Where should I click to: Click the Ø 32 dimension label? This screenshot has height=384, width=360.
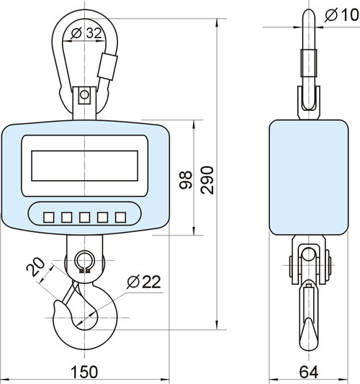86,33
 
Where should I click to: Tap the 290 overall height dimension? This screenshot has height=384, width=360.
207,180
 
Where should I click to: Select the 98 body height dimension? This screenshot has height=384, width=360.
186,180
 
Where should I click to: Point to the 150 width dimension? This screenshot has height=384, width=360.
84,372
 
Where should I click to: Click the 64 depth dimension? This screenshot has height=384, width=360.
309,372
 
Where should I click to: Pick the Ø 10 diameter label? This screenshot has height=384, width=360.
342,14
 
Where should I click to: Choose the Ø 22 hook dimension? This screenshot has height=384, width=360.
144,282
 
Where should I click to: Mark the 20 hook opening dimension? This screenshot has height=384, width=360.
36,267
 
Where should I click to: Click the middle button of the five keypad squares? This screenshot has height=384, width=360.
85,218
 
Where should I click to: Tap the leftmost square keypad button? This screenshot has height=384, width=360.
49,218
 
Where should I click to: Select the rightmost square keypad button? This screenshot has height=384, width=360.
121,218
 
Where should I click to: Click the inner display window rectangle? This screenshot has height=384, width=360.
85,166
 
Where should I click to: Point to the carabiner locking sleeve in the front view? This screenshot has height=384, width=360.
108,66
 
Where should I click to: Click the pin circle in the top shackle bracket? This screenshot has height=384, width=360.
84,94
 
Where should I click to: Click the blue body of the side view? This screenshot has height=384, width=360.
309,177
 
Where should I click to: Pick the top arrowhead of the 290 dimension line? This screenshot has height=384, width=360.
217,22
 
